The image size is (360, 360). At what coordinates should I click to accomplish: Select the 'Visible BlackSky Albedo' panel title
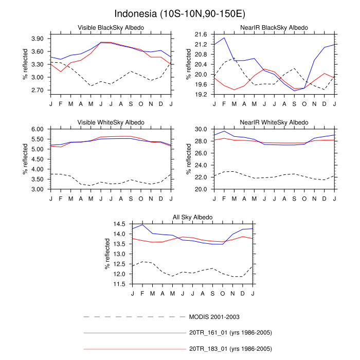point(111,27)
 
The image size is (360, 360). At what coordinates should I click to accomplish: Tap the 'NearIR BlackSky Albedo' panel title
point(274,27)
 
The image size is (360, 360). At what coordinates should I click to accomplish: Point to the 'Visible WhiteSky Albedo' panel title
point(111,122)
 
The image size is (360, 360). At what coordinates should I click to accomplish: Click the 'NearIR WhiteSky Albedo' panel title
point(274,122)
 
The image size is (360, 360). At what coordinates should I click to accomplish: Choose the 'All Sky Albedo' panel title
point(192,218)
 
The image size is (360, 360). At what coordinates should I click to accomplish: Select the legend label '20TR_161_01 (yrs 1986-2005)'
point(230,333)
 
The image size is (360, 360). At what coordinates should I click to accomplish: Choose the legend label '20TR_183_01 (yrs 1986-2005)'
point(230,349)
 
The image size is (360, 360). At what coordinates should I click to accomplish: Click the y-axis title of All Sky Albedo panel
point(107,254)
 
